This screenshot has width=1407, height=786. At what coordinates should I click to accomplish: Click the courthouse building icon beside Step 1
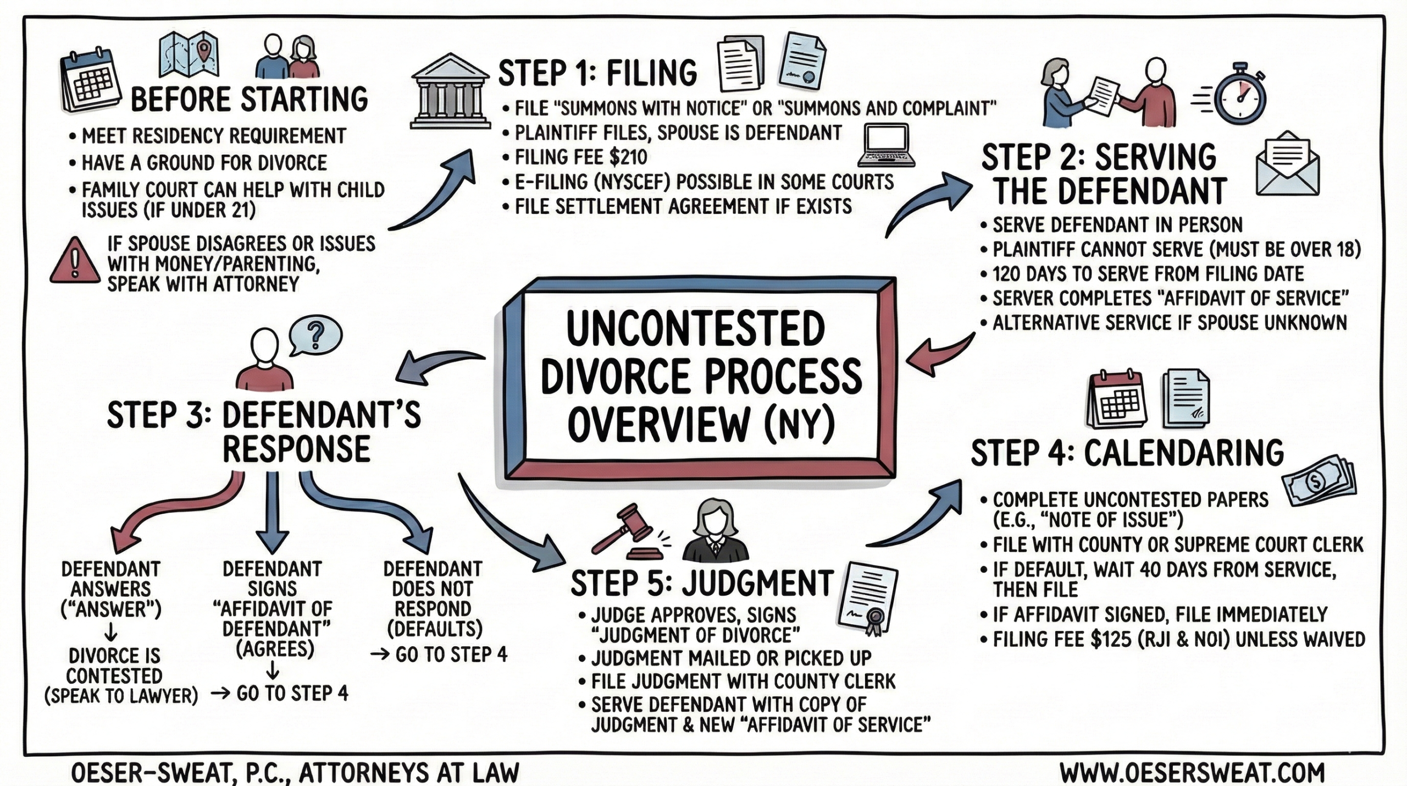pos(450,91)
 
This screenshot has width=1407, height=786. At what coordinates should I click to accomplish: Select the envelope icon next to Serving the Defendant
pos(1287,163)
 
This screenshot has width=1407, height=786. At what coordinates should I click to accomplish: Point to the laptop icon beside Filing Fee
pos(887,146)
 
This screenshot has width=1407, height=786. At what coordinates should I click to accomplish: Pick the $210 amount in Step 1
pos(628,158)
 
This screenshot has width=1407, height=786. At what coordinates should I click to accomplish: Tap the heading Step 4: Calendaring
pos(1127,453)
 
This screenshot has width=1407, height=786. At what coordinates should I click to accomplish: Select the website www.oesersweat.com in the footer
pos(1192,772)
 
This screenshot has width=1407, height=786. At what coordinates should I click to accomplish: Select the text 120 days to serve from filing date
pos(1148,274)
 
